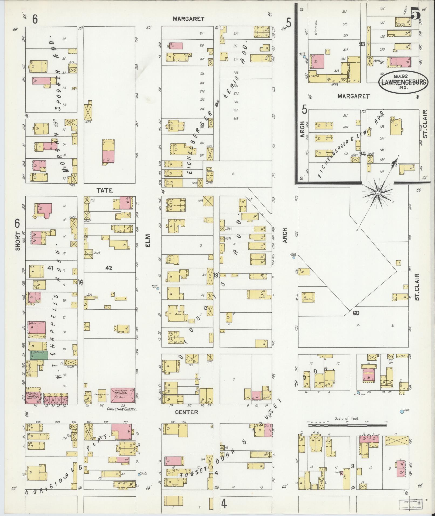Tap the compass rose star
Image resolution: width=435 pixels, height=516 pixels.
378,193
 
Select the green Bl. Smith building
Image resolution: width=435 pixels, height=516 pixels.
39,355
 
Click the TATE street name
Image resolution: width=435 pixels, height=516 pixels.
105,190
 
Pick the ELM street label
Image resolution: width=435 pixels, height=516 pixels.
149,240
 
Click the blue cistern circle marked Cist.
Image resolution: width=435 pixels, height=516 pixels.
402,419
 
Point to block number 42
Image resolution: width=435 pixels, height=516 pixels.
109,268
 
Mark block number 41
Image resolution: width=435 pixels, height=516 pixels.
50,268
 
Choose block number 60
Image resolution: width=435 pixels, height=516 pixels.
356,313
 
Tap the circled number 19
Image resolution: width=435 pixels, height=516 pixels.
80,283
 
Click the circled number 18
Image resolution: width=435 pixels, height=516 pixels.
216,275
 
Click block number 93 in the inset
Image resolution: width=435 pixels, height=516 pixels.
362,44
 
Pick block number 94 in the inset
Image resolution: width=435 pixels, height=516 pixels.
362,154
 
